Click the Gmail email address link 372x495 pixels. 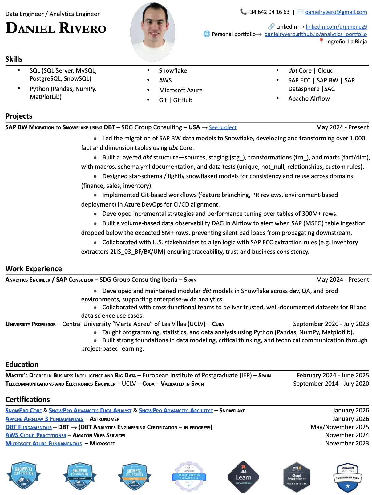336,12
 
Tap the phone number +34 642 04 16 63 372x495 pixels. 268,12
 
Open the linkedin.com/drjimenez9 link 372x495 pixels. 336,27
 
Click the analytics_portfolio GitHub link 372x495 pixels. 316,34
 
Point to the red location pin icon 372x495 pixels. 321,41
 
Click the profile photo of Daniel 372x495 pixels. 153,32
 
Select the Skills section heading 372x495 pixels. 14,59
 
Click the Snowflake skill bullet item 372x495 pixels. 173,70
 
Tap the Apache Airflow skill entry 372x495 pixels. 309,99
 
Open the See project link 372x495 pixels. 223,127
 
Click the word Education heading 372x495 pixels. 22,364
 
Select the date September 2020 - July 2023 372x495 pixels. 331,324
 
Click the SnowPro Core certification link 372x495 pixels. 23,411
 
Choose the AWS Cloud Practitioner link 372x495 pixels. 36,435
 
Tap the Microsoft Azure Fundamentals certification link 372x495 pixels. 43,444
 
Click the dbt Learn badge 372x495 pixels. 243,477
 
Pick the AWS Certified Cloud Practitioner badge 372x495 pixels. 297,477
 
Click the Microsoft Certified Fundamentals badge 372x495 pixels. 348,477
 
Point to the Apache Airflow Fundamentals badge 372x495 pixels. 189,477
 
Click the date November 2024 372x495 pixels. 347,435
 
